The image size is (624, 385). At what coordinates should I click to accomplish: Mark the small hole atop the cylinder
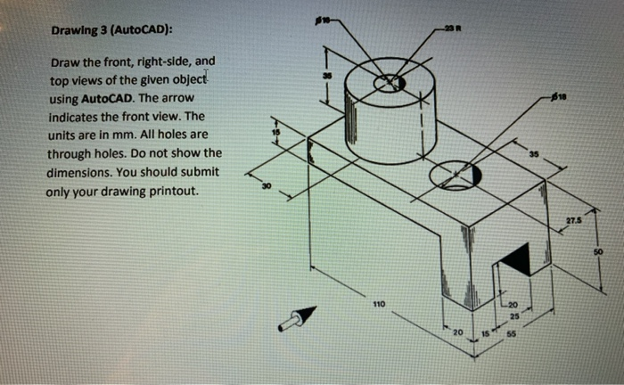(389, 83)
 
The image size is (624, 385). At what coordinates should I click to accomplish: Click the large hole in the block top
(455, 176)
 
